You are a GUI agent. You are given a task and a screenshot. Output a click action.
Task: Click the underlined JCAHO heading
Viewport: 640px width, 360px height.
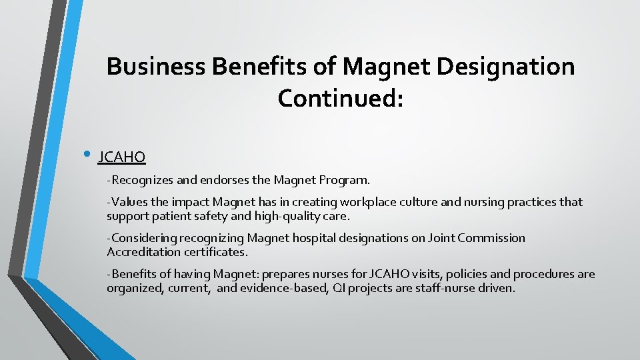click(121, 157)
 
